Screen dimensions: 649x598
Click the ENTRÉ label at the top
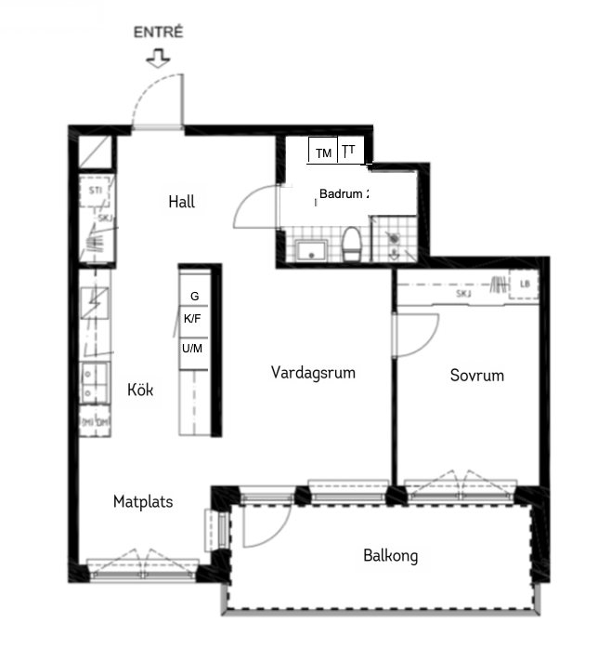(159, 32)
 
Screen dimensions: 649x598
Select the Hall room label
(182, 202)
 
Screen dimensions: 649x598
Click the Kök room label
(140, 391)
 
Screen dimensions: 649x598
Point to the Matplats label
(143, 502)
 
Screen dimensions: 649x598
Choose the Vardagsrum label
(314, 373)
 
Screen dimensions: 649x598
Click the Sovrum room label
(476, 376)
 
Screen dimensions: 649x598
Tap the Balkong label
(390, 556)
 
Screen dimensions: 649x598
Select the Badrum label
(344, 194)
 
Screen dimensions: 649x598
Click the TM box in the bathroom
(323, 152)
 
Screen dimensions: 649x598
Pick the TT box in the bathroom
(349, 151)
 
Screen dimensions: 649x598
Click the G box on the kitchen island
(194, 296)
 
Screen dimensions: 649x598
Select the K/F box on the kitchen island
(194, 318)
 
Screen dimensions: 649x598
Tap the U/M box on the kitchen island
(194, 348)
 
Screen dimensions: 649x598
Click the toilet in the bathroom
(352, 246)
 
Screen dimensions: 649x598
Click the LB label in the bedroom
(525, 285)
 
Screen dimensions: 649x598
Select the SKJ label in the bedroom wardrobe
(462, 294)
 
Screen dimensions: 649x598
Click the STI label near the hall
(95, 191)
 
